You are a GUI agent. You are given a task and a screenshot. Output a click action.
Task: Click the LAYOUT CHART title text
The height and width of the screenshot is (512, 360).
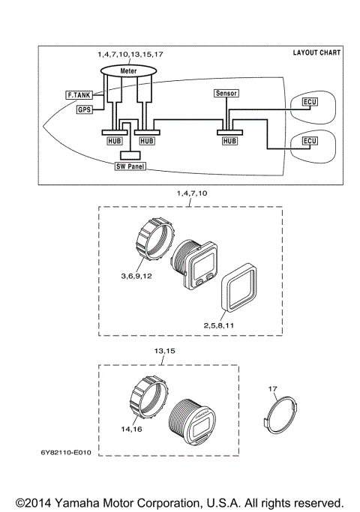tap(316, 53)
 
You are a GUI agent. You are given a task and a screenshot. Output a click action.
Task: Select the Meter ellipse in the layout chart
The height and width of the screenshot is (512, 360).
tap(128, 70)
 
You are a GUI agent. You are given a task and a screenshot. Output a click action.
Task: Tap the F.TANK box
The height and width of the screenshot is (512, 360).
tap(77, 95)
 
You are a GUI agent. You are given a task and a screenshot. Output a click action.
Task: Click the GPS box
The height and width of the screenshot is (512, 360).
tap(85, 109)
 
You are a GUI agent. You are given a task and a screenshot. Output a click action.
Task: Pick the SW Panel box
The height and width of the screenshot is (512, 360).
tap(130, 166)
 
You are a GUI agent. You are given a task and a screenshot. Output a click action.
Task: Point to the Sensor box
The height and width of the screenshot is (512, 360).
tap(226, 94)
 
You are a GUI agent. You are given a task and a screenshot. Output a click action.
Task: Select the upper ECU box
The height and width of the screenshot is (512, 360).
tap(309, 101)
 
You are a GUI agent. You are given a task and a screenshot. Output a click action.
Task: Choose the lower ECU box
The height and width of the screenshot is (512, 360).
tap(309, 140)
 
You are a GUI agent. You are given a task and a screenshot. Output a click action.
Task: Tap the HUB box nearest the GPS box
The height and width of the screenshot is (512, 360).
tap(112, 140)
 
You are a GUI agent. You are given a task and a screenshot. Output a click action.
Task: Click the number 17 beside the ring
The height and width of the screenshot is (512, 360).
tap(273, 388)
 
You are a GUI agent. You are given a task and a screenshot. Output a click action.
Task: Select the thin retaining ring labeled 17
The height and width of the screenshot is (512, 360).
tap(282, 413)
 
